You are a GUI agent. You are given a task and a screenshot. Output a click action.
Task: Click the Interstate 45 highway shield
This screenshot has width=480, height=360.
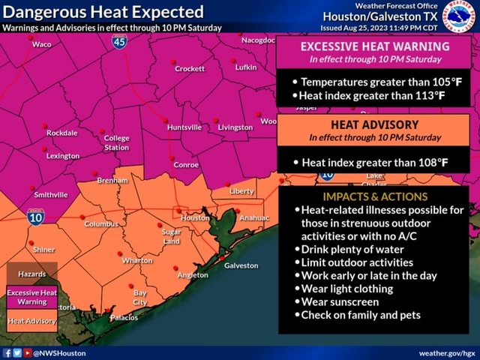pyautogui.click(x=119, y=42)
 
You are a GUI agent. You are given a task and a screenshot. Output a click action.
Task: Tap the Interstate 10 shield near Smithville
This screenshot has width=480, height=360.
pyautogui.click(x=35, y=217)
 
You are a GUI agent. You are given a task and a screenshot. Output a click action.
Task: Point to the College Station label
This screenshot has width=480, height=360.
pyautogui.click(x=116, y=142)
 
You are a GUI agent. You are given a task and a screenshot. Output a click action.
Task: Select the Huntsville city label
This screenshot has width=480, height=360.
pyautogui.click(x=184, y=127)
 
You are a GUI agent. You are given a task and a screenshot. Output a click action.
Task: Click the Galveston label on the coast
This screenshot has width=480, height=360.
pyautogui.click(x=241, y=265)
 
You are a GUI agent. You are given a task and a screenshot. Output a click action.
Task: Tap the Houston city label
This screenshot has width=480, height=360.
pyautogui.click(x=195, y=217)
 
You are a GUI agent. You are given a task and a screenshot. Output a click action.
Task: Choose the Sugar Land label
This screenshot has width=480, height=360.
pyautogui.click(x=172, y=237)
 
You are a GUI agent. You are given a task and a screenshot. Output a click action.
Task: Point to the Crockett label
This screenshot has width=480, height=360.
pyautogui.click(x=190, y=69)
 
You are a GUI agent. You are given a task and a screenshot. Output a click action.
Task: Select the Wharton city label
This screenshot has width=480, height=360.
pyautogui.click(x=137, y=260)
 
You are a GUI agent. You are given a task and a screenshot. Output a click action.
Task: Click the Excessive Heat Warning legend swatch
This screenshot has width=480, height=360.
pyautogui.click(x=32, y=296)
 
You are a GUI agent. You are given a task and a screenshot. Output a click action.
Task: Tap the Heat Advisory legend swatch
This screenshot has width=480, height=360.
pyautogui.click(x=32, y=321)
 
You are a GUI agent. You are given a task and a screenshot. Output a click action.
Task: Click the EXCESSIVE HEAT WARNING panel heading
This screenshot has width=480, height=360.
pyautogui.click(x=374, y=46)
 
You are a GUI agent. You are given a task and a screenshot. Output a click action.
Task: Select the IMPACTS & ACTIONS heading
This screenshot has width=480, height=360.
pyautogui.click(x=374, y=196)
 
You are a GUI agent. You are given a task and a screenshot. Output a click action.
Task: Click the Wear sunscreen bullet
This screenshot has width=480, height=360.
pyautogui.click(x=340, y=301)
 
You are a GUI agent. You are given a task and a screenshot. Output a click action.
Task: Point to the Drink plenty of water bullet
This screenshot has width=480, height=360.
pyautogui.click(x=352, y=249)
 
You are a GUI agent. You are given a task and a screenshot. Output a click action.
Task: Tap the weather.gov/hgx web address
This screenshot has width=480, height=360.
pyautogui.click(x=446, y=352)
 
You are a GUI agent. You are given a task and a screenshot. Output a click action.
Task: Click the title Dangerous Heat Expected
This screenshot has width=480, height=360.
pyautogui.click(x=103, y=12)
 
